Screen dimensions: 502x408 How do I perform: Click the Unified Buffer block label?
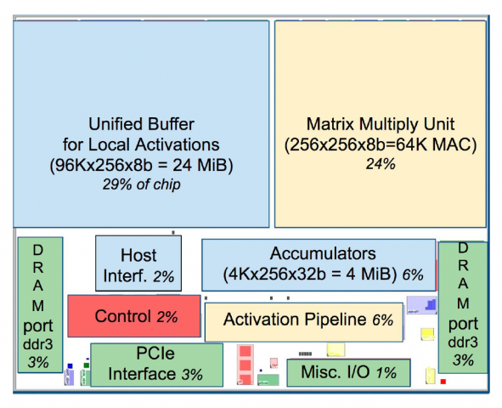(x=141, y=134)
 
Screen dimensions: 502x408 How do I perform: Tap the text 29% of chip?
(x=141, y=184)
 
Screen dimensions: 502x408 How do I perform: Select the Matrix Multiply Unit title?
(x=381, y=124)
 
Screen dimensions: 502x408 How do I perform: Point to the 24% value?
(x=381, y=164)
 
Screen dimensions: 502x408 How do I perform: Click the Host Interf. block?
(x=138, y=263)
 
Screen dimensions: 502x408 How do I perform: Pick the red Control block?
(x=134, y=315)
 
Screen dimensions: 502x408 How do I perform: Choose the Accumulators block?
(x=319, y=265)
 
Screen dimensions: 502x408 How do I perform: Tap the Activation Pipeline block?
(x=304, y=322)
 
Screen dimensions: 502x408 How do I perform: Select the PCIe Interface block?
(x=156, y=365)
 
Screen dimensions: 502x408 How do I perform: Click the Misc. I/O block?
(x=348, y=372)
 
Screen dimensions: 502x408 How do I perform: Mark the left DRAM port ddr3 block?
(x=40, y=304)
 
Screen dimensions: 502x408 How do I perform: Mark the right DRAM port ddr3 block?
(x=463, y=308)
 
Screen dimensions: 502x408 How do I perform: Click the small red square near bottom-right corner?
(x=443, y=382)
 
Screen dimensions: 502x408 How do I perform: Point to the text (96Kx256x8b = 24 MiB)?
(x=141, y=165)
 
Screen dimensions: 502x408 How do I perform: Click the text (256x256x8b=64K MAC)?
(x=381, y=144)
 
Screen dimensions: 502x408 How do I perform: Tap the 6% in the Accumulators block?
(x=413, y=275)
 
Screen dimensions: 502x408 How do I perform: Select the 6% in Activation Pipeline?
(x=382, y=320)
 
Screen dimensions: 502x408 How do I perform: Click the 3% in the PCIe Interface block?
(x=192, y=374)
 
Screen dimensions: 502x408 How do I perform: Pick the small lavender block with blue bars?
(x=421, y=305)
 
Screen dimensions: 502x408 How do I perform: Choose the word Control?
(x=122, y=316)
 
